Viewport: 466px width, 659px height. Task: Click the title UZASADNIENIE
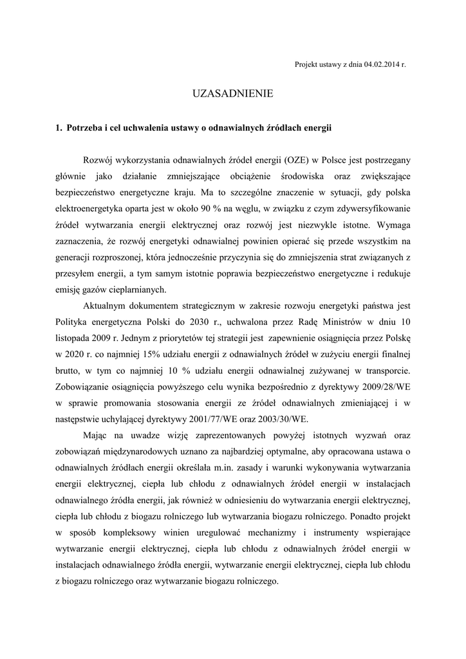point(233,94)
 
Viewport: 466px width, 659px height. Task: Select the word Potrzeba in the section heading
point(86,128)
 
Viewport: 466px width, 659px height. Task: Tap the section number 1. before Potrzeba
point(59,128)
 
